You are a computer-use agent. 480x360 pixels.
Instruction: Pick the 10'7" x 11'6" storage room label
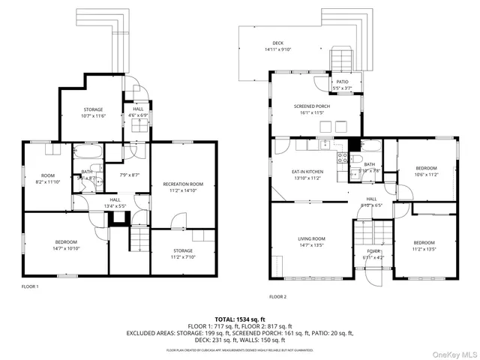[x=92, y=114]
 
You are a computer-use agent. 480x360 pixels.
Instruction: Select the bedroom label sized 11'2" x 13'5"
[x=424, y=245]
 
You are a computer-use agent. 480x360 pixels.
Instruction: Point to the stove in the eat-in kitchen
[x=342, y=158]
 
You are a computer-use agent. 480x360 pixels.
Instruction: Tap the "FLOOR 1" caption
[x=30, y=286]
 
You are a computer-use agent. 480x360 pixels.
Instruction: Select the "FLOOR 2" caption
[x=277, y=297]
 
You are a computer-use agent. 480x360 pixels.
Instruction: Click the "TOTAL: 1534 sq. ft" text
[x=240, y=319]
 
